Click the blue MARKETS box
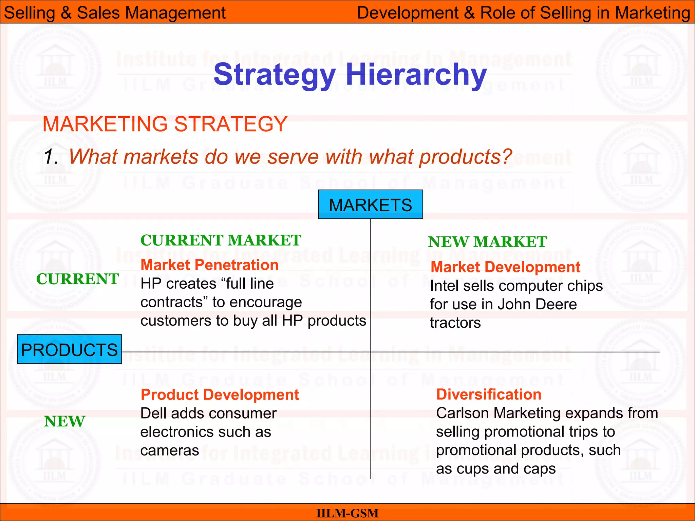(370, 205)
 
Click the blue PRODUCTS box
(69, 349)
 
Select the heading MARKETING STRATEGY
(165, 124)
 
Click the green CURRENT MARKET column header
(221, 240)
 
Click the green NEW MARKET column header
(487, 242)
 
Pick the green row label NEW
(64, 422)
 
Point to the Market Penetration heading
(209, 265)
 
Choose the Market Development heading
(505, 267)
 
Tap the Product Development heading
(220, 395)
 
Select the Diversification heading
(489, 394)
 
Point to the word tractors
(455, 323)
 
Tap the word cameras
(170, 451)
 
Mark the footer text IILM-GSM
(347, 513)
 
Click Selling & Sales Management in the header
(115, 13)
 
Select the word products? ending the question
(465, 157)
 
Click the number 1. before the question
(51, 157)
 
